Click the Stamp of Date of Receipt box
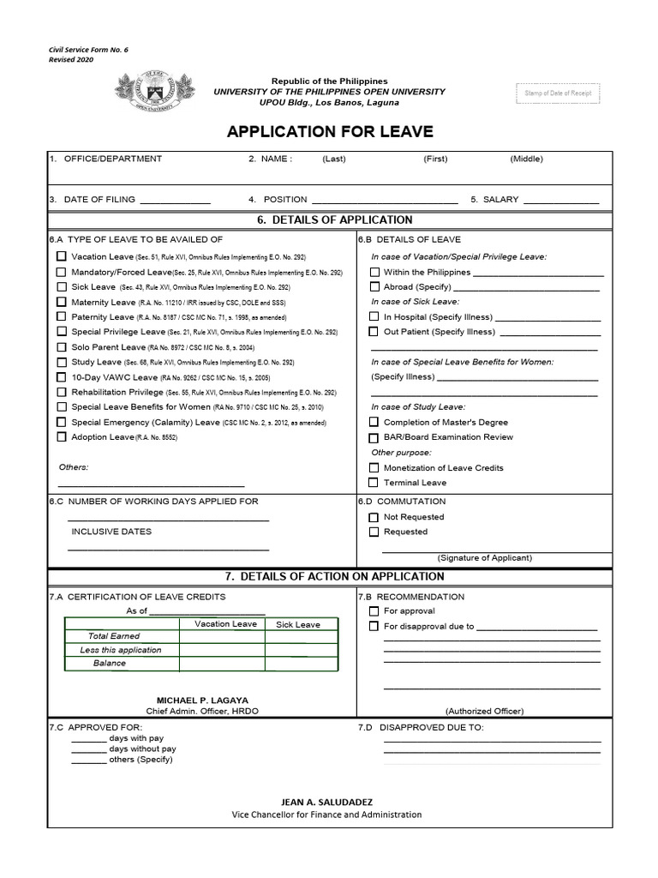pyautogui.click(x=557, y=93)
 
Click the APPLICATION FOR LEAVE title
pyautogui.click(x=330, y=132)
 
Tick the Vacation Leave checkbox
pyautogui.click(x=61, y=256)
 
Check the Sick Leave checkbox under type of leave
pyautogui.click(x=61, y=286)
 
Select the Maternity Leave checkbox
pyautogui.click(x=61, y=302)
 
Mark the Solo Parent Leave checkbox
pyautogui.click(x=61, y=347)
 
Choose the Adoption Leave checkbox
pyautogui.click(x=61, y=436)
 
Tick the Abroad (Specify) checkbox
pyautogui.click(x=374, y=287)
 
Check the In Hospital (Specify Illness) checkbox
pyautogui.click(x=374, y=317)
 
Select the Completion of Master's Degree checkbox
pyautogui.click(x=374, y=422)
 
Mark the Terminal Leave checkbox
pyautogui.click(x=374, y=483)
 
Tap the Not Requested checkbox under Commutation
pyautogui.click(x=374, y=517)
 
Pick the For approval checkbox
pyautogui.click(x=374, y=611)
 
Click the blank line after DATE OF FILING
pyautogui.click(x=175, y=200)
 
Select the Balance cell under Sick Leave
pyautogui.click(x=297, y=663)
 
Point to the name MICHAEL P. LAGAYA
pyautogui.click(x=202, y=700)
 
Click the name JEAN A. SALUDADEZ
pyautogui.click(x=326, y=801)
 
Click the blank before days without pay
pyautogui.click(x=88, y=749)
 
